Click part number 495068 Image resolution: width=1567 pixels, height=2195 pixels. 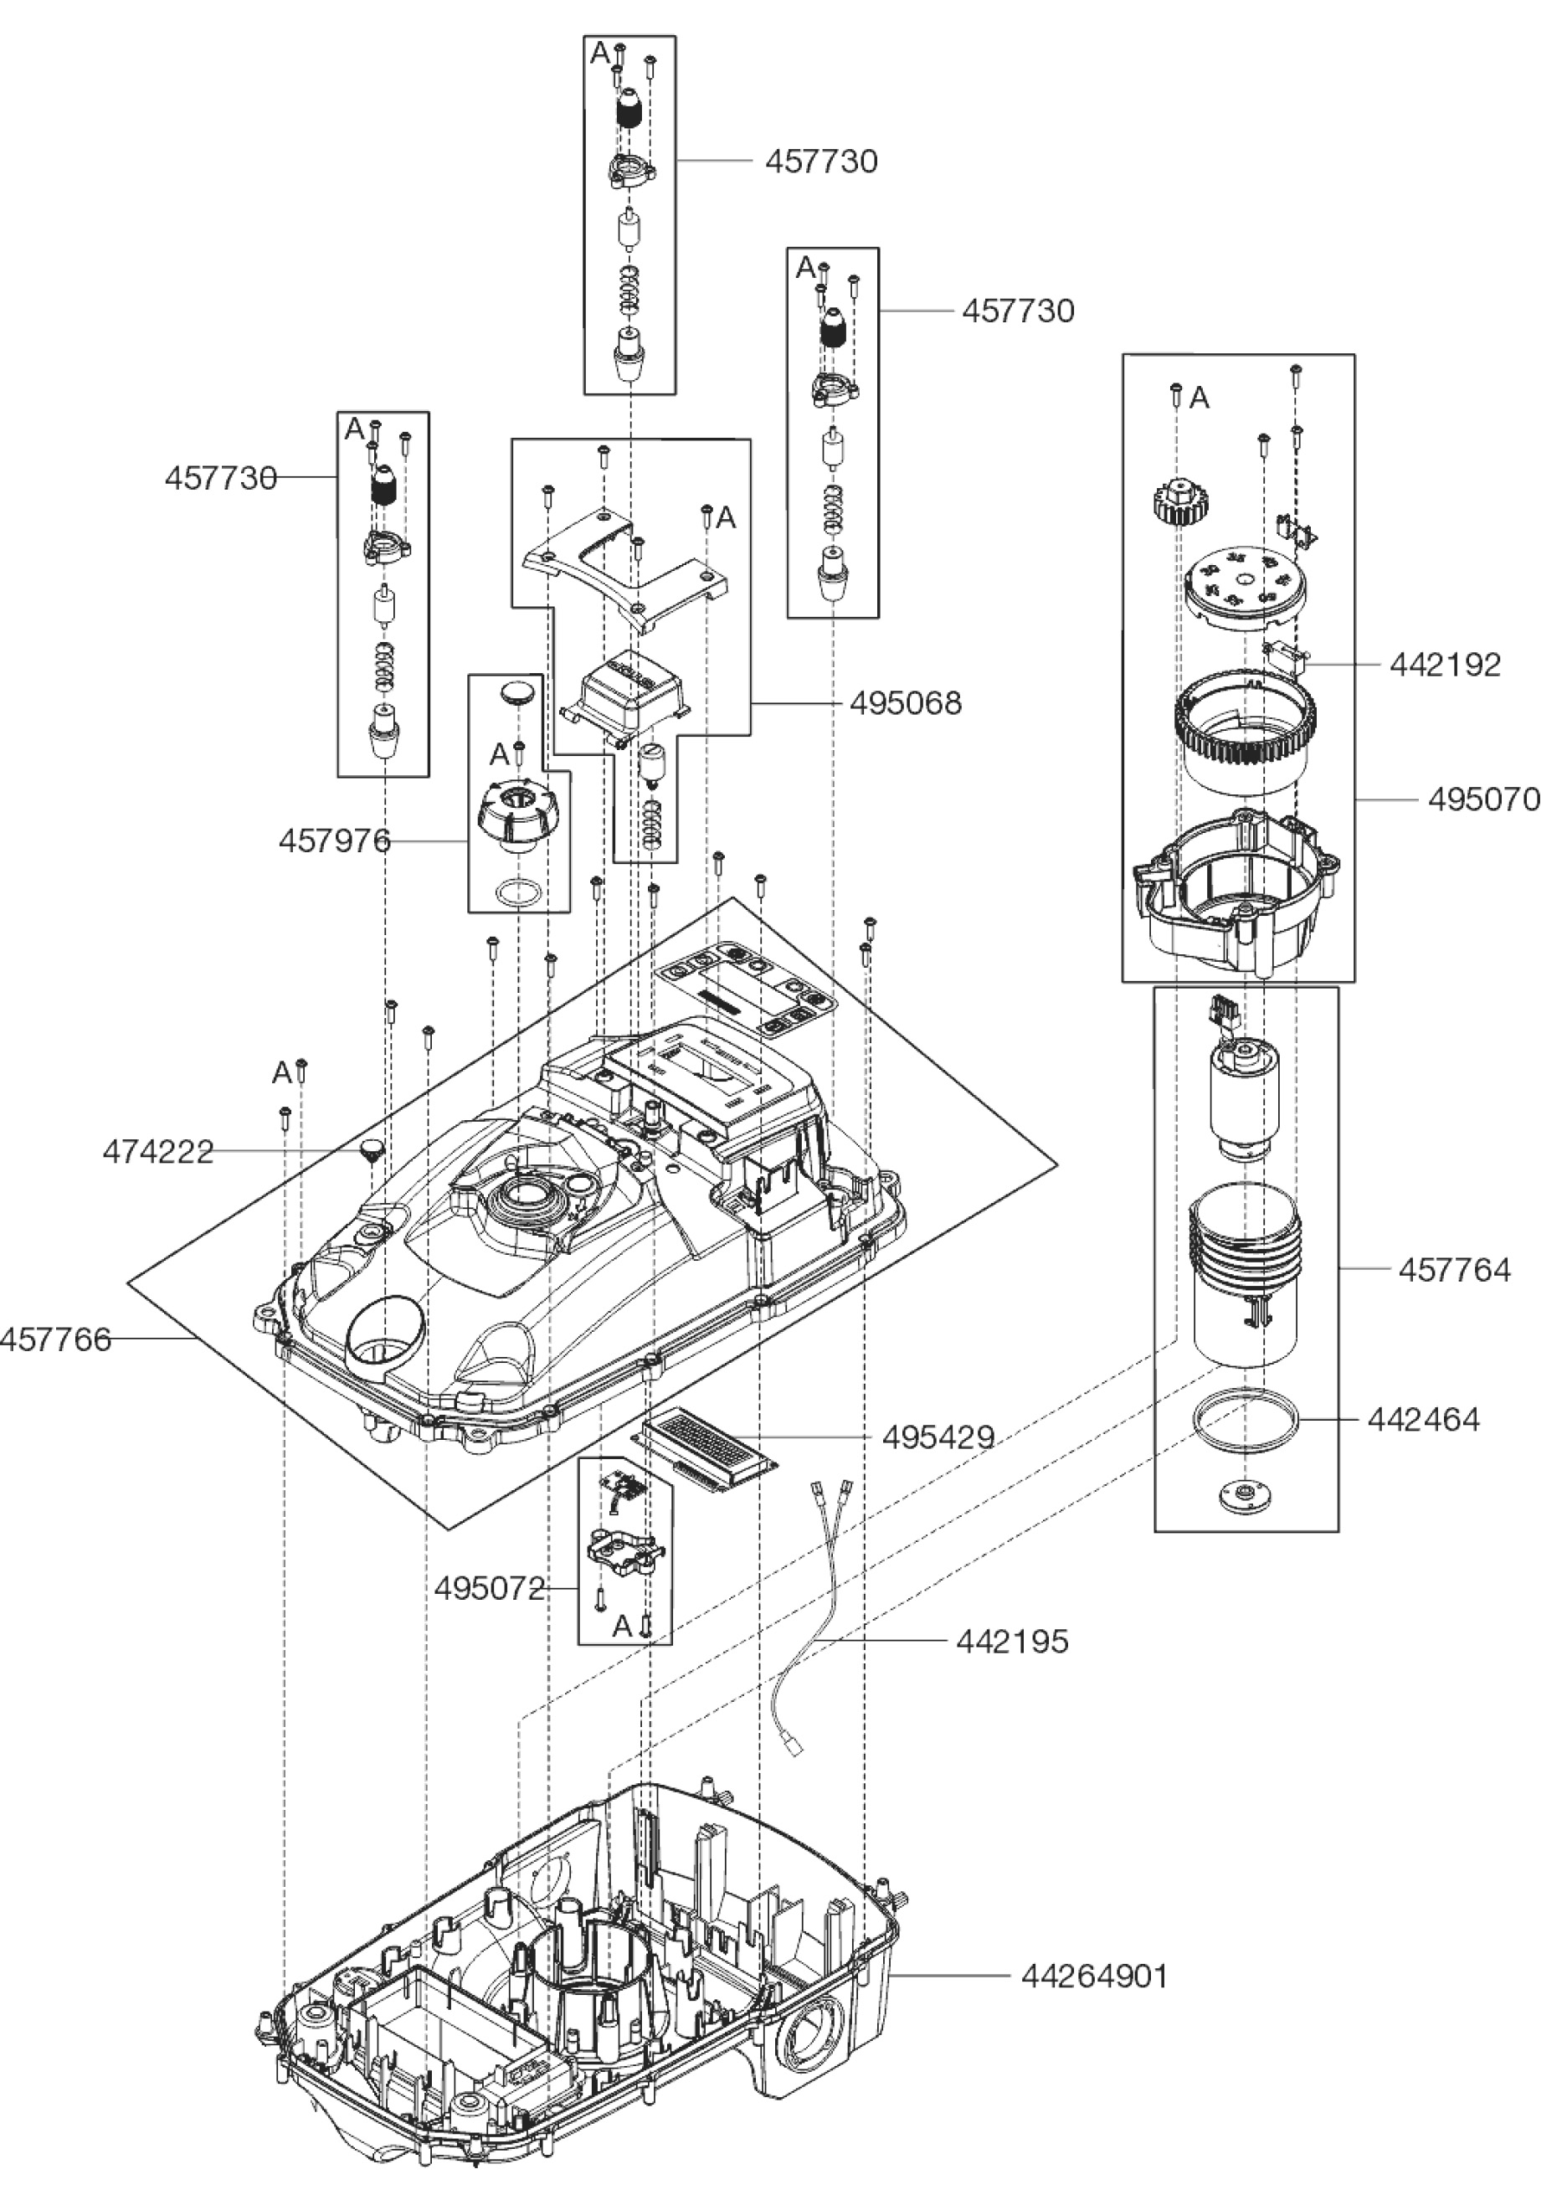pos(905,703)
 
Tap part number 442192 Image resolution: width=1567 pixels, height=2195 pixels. pos(1445,665)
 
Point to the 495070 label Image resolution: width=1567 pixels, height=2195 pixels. pos(1484,799)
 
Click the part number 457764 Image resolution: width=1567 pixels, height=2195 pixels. pos(1454,1270)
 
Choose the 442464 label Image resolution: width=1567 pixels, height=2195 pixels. pos(1423,1419)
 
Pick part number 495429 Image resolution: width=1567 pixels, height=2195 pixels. pos(938,1437)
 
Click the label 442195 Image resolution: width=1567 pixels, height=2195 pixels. pos(1012,1641)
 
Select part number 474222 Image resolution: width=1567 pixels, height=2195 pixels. pos(158,1152)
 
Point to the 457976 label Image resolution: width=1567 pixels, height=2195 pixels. pos(335,841)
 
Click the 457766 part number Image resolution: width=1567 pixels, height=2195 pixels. pos(56,1340)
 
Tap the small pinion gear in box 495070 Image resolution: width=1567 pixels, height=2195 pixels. pos(1176,501)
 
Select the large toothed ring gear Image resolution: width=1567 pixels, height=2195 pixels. pos(1245,729)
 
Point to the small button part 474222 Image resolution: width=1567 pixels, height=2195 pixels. pos(372,1149)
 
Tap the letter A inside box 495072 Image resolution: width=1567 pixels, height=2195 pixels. pos(622,1627)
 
